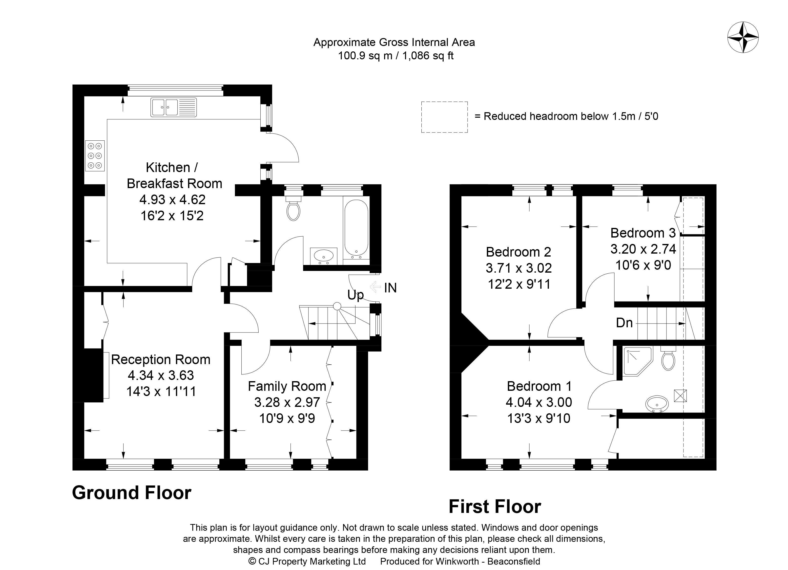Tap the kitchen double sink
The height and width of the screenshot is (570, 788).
tap(174, 107)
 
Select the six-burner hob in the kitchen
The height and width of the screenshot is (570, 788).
tap(95, 156)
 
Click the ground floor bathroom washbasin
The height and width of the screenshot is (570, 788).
tap(323, 256)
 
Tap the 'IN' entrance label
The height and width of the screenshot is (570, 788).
tap(390, 288)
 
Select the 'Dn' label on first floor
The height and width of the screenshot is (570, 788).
tap(624, 323)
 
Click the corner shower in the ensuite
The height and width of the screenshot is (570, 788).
tap(638, 361)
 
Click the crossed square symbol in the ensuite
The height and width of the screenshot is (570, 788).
tap(680, 395)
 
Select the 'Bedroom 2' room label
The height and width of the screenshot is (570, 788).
tap(518, 252)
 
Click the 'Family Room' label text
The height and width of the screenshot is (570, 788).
tap(287, 386)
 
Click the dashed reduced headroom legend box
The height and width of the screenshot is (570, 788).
tap(444, 117)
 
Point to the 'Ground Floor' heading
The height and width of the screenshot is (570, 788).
tap(132, 493)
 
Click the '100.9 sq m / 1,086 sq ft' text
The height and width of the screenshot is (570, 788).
tap(396, 56)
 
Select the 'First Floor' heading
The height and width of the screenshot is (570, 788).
tap(495, 507)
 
